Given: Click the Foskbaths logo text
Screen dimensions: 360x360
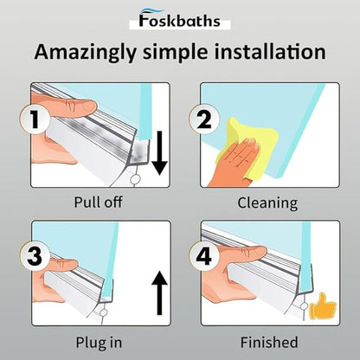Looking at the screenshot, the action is tap(179, 20).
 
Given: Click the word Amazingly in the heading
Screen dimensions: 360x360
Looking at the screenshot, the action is tap(85, 53).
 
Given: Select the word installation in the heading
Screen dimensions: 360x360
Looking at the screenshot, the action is tap(270, 51).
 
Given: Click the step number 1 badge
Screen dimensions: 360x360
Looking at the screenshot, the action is tap(35, 119).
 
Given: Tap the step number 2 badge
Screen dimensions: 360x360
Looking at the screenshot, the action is tap(204, 119).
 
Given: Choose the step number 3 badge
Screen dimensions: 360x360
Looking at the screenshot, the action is tap(35, 256).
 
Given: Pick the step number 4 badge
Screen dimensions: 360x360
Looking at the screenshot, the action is tap(204, 256).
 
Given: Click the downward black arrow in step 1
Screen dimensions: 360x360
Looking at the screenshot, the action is tap(159, 153).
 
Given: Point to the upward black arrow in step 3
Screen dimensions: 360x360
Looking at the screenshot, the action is tap(159, 293).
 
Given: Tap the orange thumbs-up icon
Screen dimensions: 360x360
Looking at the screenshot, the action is tap(323, 306).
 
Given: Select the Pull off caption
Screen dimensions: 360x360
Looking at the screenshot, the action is tap(98, 202).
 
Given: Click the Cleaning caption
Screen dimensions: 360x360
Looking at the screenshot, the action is tap(267, 202).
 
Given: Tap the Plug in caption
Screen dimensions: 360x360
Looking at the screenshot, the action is tap(99, 343).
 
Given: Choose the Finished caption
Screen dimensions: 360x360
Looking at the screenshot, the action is tap(269, 342).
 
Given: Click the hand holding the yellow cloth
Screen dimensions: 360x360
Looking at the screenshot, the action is tap(234, 163).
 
